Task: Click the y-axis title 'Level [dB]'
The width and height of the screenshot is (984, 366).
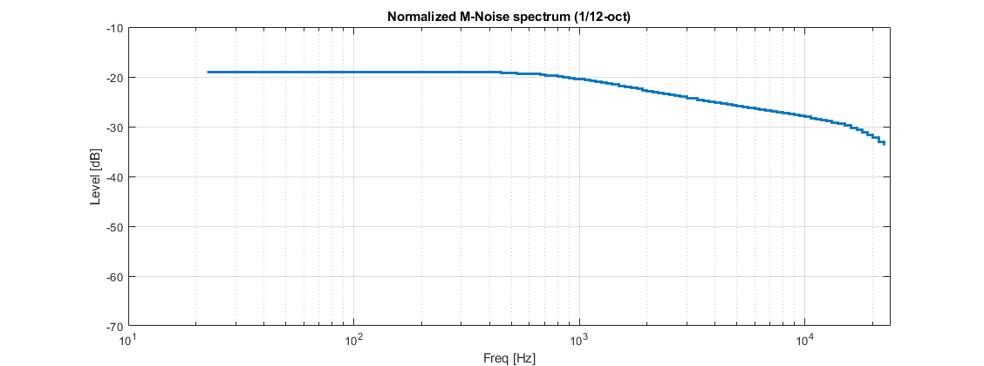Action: click(95, 177)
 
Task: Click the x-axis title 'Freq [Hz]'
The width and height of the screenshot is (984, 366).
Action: click(509, 358)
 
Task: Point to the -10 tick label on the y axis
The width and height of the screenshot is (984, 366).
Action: click(114, 28)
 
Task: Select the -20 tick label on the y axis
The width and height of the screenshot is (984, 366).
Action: click(114, 78)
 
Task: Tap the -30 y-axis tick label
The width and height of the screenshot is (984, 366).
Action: click(114, 128)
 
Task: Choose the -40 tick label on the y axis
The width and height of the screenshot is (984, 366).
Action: click(114, 177)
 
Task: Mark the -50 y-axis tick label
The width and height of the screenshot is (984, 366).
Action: click(114, 227)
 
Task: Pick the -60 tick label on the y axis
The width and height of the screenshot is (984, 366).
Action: click(114, 277)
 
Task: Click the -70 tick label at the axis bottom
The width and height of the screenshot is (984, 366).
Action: click(114, 326)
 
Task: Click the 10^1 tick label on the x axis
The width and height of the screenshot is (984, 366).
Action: click(128, 340)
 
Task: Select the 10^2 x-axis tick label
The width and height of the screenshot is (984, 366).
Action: click(354, 340)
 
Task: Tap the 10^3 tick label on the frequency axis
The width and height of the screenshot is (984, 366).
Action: click(579, 340)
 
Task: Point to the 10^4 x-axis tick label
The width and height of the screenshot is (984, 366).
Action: click(805, 340)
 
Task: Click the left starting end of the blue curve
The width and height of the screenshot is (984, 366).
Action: click(208, 72)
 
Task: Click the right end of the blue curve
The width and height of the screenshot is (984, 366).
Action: click(885, 143)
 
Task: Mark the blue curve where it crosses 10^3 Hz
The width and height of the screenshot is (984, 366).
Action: click(579, 79)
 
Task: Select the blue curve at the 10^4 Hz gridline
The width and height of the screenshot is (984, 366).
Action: click(805, 116)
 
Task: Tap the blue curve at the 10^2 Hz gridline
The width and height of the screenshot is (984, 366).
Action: click(354, 72)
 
